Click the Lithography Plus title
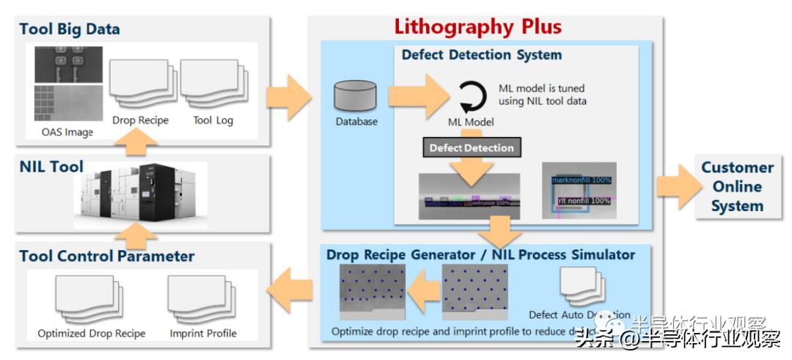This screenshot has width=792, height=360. point(478,27)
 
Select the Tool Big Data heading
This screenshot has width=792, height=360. point(70,29)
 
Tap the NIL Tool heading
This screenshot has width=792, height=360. point(51,166)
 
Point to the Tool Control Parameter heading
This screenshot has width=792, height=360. point(107,256)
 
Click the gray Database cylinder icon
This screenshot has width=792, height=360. point(356,96)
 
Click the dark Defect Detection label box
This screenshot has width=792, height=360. point(472,147)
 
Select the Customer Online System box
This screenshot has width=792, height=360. point(737,186)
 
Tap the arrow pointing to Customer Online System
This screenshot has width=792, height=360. point(675,187)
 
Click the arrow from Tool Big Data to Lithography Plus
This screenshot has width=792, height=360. point(289,95)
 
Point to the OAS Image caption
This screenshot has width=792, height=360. point(67,133)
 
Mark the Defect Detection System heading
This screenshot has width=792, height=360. point(481,55)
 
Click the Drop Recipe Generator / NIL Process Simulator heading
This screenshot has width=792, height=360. point(480,255)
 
